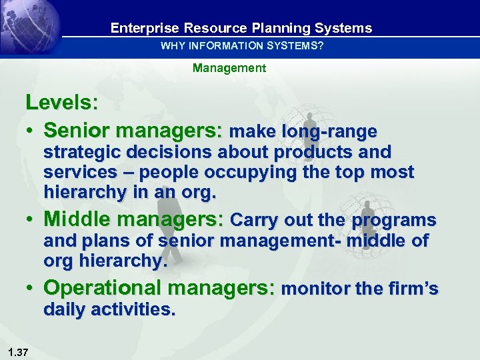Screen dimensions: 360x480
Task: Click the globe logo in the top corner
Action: pyautogui.click(x=30, y=28)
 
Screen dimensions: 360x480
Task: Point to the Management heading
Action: pyautogui.click(x=229, y=68)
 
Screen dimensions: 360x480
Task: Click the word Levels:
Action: pyautogui.click(x=62, y=103)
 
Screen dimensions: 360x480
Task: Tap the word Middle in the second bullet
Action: pyautogui.click(x=75, y=220)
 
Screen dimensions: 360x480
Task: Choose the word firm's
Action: pyautogui.click(x=411, y=289)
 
